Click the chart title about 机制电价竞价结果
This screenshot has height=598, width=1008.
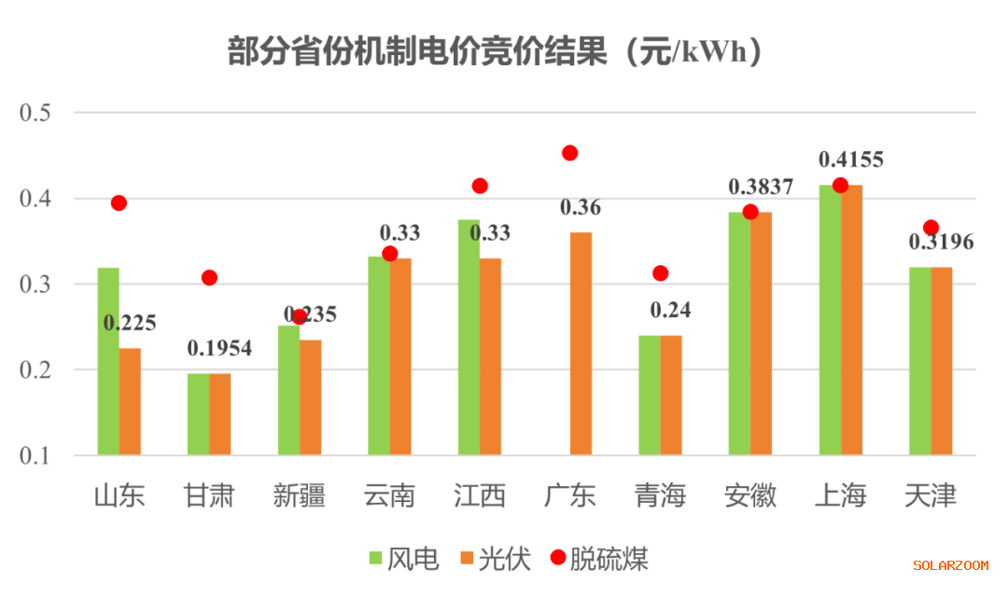click(x=496, y=51)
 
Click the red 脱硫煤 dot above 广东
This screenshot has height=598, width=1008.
click(x=570, y=153)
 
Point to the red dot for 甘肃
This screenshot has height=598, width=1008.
click(x=209, y=278)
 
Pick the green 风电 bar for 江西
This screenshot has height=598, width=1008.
click(x=469, y=338)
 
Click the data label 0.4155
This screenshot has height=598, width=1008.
click(x=850, y=160)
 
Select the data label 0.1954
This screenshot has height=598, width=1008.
click(x=219, y=348)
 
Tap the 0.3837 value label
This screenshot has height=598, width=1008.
click(x=761, y=187)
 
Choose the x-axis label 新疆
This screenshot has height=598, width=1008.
click(x=299, y=495)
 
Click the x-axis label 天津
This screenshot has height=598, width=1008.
click(x=931, y=495)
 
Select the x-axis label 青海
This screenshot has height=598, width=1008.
click(x=660, y=495)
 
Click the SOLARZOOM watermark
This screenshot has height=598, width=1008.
click(x=950, y=565)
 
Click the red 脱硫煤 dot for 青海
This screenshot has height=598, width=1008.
click(x=661, y=273)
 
